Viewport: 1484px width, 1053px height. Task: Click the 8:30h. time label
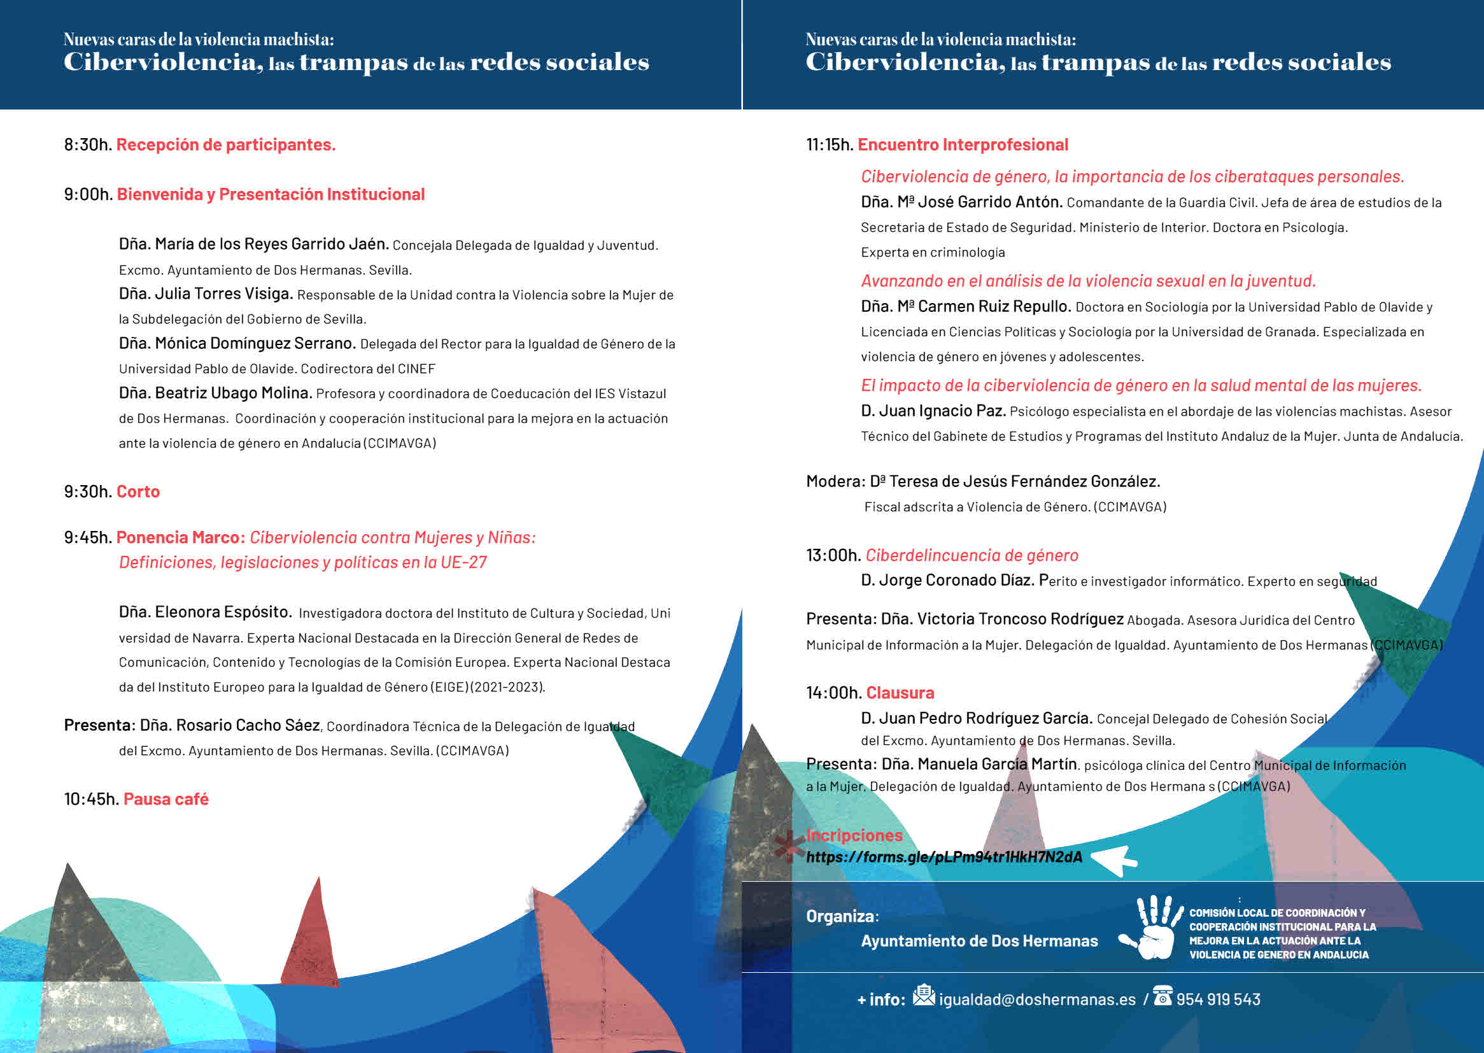(87, 145)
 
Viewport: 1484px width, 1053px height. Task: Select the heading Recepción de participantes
(225, 145)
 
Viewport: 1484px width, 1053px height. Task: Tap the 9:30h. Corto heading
(111, 491)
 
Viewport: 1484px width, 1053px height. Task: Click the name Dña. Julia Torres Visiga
(206, 293)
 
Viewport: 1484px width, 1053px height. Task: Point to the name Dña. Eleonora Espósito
(205, 612)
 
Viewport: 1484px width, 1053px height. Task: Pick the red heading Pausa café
(166, 799)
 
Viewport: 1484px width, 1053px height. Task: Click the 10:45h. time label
(92, 799)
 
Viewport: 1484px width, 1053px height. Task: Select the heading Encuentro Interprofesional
(963, 145)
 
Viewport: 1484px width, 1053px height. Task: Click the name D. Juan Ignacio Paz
(933, 411)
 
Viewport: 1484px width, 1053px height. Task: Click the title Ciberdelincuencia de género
(972, 555)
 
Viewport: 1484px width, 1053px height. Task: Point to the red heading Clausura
(900, 693)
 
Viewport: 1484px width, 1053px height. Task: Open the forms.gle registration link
(943, 856)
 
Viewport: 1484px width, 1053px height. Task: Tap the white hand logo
(1150, 928)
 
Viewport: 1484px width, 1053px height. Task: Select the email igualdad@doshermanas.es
(1036, 999)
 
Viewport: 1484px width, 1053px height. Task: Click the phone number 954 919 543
(1217, 999)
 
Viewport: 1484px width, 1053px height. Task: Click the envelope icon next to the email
(923, 994)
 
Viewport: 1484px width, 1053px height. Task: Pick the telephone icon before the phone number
(1162, 995)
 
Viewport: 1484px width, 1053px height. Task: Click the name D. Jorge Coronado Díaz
(947, 581)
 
